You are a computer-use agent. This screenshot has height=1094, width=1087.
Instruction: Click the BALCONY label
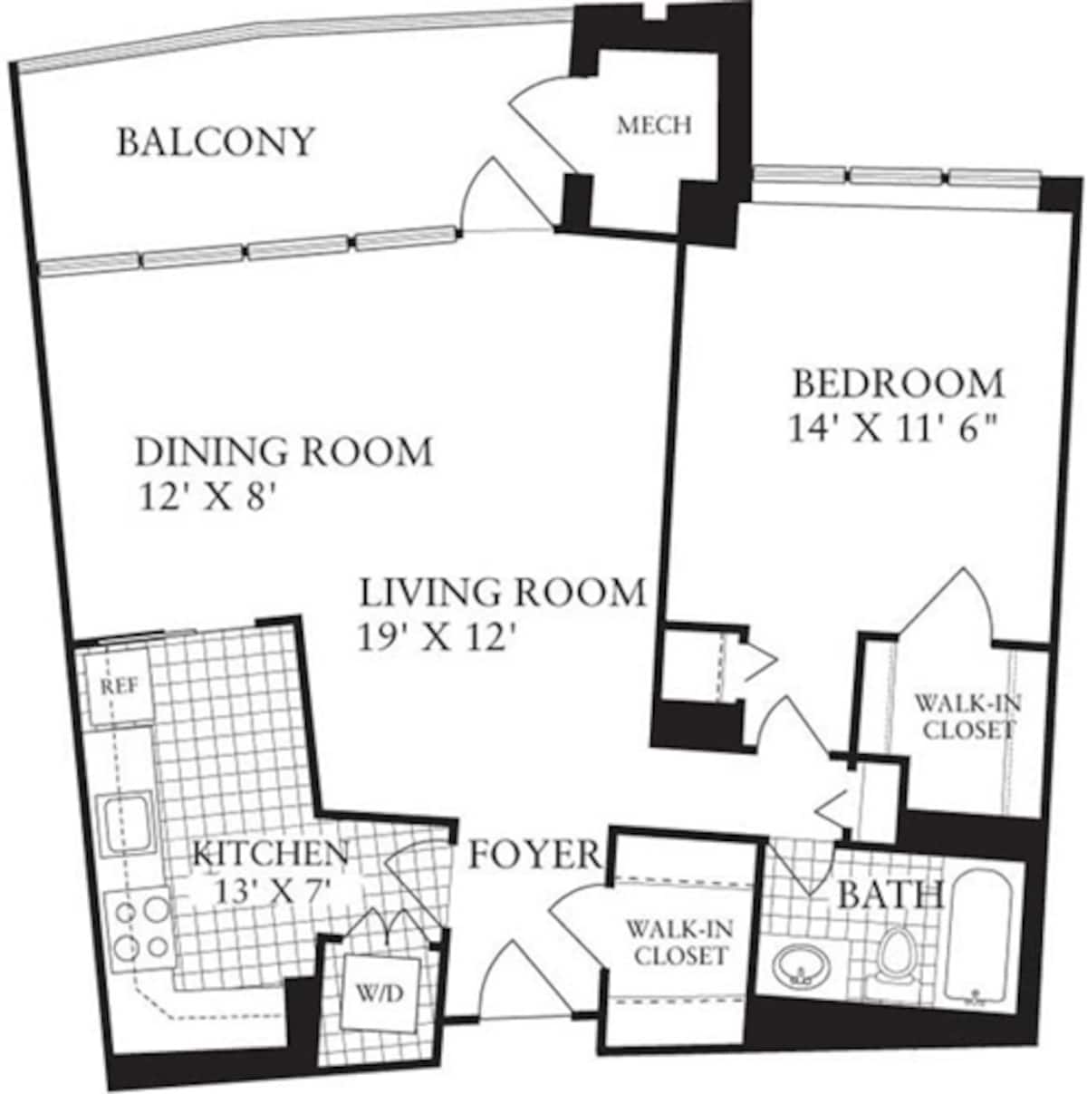coord(216,142)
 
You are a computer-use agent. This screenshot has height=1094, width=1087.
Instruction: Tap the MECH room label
coord(654,125)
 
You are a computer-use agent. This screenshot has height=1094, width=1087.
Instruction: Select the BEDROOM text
coord(899,383)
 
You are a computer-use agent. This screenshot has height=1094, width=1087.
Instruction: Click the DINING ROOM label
coord(284,450)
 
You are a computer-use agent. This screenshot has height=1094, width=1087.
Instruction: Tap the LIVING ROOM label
coord(503,593)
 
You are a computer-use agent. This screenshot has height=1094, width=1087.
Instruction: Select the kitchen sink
coord(124,822)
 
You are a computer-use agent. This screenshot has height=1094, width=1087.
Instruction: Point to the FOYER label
coord(534,854)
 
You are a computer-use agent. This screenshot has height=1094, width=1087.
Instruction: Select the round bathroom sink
coord(801,966)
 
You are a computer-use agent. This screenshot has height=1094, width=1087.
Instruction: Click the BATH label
coord(890,895)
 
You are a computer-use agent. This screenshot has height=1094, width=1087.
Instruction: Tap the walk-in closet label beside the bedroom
coord(964,715)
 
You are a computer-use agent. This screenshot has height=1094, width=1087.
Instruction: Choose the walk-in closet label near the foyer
coord(677,942)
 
